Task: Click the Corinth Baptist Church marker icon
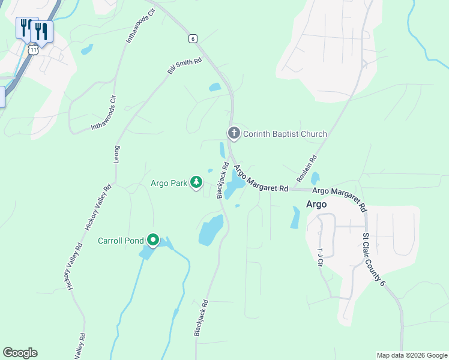click(x=234, y=133)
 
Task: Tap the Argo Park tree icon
click(x=196, y=182)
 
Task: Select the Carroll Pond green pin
click(x=153, y=241)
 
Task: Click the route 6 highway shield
click(x=192, y=38)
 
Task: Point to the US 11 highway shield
click(x=33, y=50)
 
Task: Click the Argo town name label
click(x=316, y=204)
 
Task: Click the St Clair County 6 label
click(x=373, y=259)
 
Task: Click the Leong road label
click(x=117, y=155)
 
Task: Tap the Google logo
click(x=20, y=353)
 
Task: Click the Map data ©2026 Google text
click(x=411, y=355)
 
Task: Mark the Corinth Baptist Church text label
click(x=285, y=134)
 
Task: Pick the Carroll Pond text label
click(x=121, y=241)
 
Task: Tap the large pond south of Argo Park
click(x=211, y=230)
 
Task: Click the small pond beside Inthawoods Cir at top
click(x=87, y=49)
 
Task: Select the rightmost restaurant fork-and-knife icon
click(x=41, y=31)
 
